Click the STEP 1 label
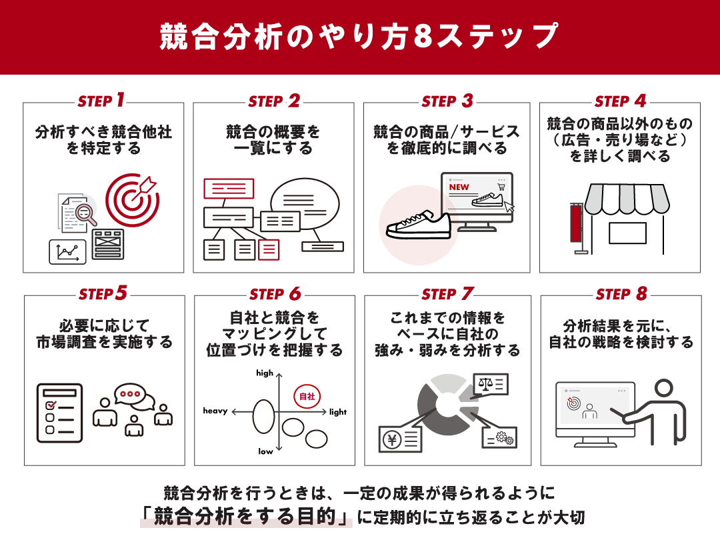(x=101, y=101)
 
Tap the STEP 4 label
(x=621, y=101)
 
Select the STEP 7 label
(x=447, y=294)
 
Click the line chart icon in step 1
(x=67, y=251)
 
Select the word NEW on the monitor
(x=459, y=187)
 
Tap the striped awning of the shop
(x=625, y=198)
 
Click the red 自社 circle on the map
(x=307, y=397)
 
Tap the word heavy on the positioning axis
(x=215, y=411)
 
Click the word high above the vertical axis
(x=265, y=373)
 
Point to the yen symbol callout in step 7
(x=401, y=438)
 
